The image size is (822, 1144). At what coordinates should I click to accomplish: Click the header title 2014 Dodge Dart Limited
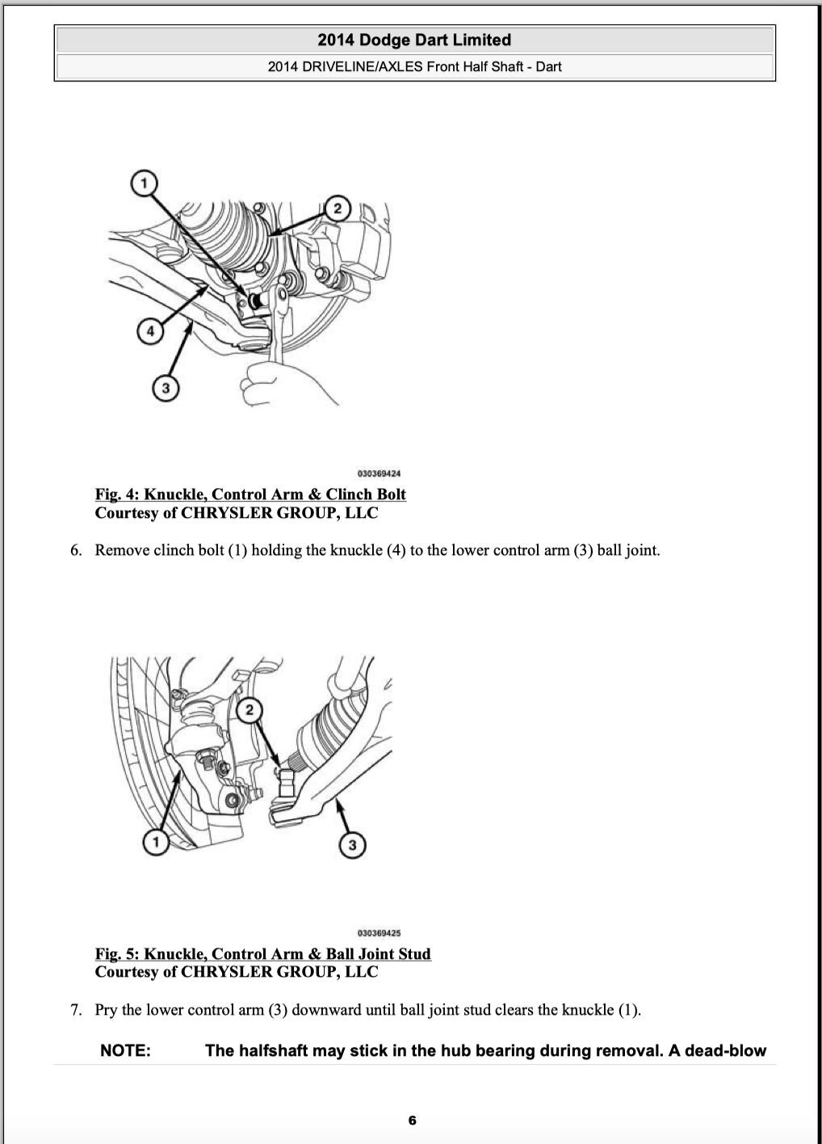(x=414, y=40)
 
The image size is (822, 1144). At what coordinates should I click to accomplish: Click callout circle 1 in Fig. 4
(x=144, y=183)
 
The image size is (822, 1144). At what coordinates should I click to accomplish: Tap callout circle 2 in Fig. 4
(x=337, y=208)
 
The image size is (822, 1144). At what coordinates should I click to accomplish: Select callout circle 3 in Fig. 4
(x=166, y=389)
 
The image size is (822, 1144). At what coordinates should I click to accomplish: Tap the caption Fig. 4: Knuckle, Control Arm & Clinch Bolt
(x=250, y=494)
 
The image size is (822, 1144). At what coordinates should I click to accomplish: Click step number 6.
(x=75, y=550)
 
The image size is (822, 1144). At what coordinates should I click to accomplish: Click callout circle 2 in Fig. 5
(x=250, y=709)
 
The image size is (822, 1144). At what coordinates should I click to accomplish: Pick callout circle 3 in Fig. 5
(x=352, y=846)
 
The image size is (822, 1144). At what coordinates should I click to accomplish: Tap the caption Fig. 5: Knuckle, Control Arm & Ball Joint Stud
(x=262, y=954)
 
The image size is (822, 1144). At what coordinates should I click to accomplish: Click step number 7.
(x=75, y=1010)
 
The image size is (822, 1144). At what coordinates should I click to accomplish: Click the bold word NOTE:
(x=125, y=1050)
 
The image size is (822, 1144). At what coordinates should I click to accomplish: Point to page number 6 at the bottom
(x=412, y=1120)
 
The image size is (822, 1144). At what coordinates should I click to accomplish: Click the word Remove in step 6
(x=121, y=550)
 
